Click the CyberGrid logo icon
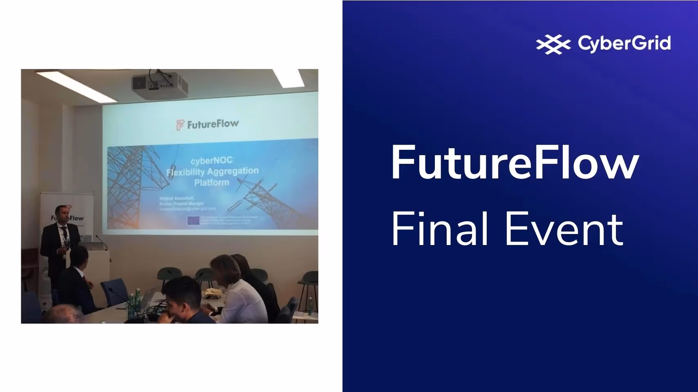pos(553,44)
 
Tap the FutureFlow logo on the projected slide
pos(208,124)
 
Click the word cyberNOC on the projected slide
pos(211,160)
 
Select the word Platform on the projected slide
pos(211,182)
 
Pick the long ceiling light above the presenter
pos(76,86)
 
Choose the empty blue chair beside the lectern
pos(114,291)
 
